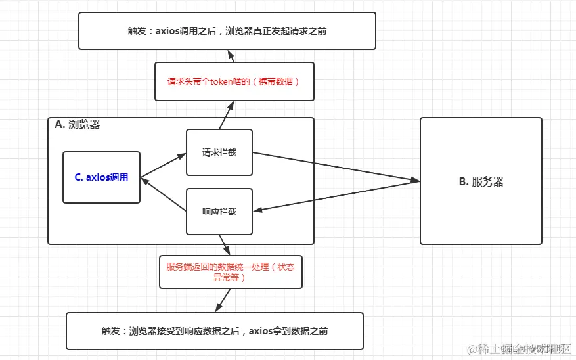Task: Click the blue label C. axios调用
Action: click(x=102, y=177)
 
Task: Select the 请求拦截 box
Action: click(x=219, y=152)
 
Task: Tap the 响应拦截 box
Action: click(x=219, y=212)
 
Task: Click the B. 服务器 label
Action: click(x=481, y=182)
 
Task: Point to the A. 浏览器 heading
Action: click(x=78, y=125)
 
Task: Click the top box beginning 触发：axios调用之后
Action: click(x=227, y=31)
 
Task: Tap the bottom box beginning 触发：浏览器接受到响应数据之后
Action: click(x=215, y=331)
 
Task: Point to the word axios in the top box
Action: click(x=169, y=31)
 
